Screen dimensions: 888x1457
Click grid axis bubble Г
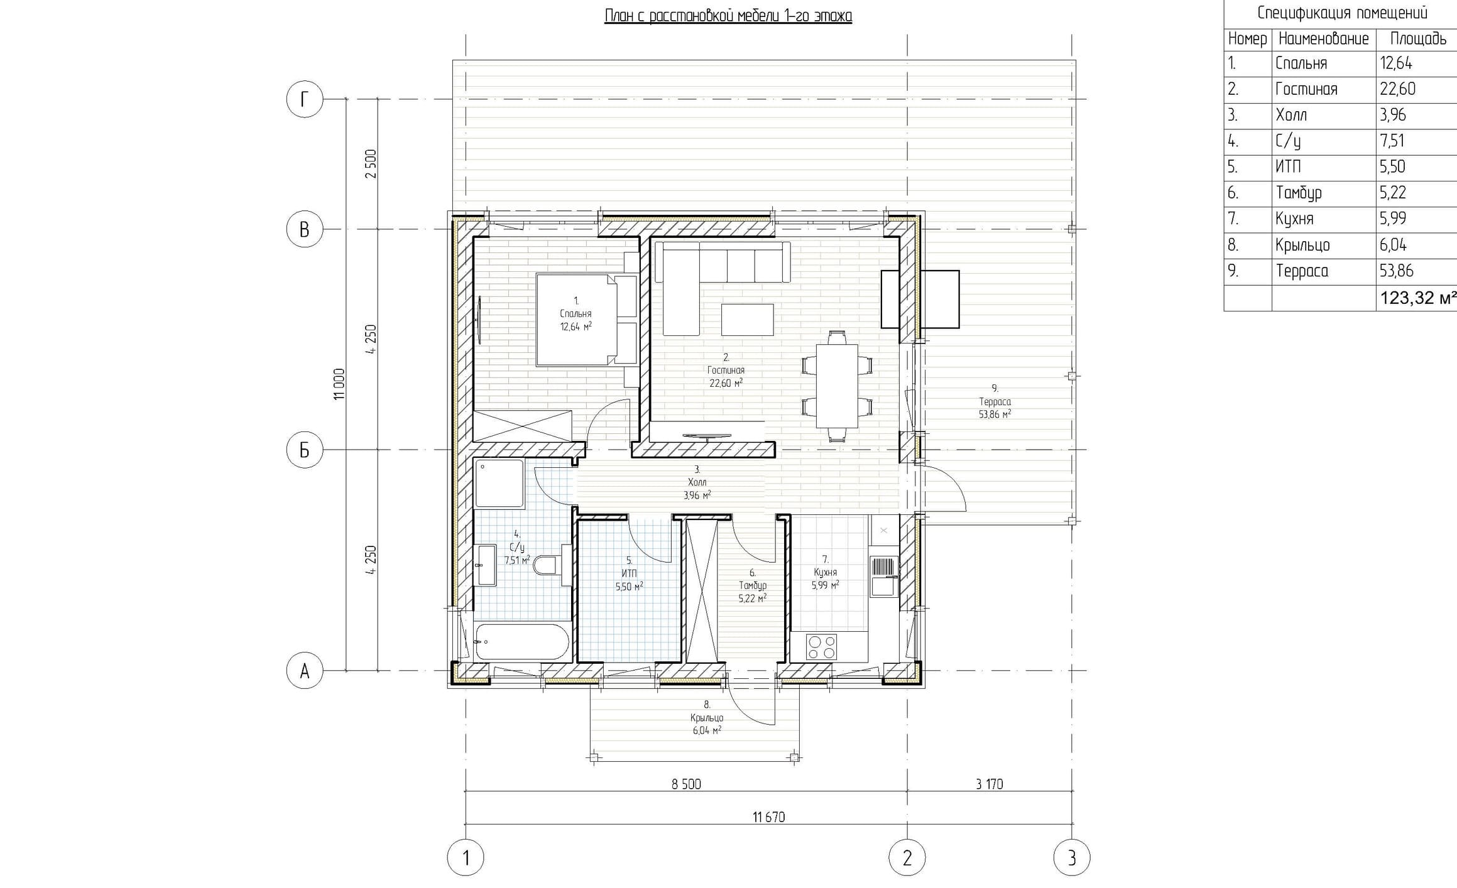[304, 99]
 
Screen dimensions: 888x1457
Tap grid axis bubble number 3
[1072, 857]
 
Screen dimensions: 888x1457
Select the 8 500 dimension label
[686, 784]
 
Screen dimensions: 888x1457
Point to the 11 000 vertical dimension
[339, 384]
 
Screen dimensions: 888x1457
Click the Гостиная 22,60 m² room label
[726, 371]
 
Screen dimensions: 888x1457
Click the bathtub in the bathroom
[522, 642]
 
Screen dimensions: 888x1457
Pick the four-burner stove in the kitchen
[822, 647]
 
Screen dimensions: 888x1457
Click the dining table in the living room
[837, 385]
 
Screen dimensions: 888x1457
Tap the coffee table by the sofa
[747, 320]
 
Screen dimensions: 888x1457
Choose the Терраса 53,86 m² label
[995, 402]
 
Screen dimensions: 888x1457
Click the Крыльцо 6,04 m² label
[707, 718]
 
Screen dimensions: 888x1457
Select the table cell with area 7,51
[1392, 141]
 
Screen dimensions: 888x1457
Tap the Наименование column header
[1323, 39]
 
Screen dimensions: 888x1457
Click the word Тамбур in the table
[1299, 193]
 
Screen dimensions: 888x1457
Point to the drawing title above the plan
[728, 16]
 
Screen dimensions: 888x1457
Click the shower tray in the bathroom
[499, 483]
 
